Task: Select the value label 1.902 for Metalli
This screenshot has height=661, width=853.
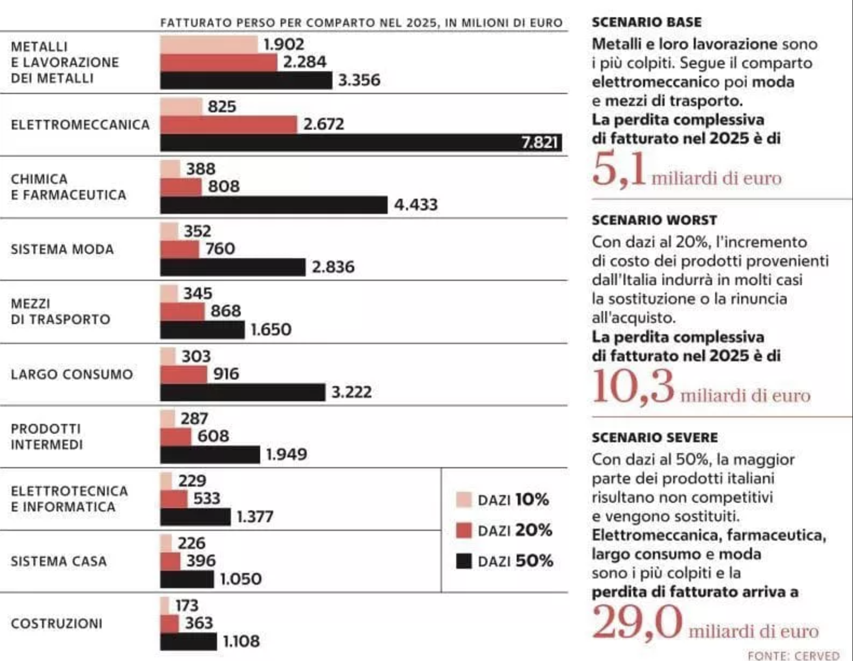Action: (283, 44)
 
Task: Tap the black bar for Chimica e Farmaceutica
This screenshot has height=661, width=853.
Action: (274, 205)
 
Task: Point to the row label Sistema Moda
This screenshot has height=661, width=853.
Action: (62, 249)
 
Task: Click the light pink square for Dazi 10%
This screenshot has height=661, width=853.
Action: (464, 500)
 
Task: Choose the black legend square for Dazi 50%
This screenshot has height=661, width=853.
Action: (464, 561)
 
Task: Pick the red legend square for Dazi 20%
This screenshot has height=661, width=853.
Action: (464, 530)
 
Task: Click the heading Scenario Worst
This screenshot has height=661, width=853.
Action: (654, 220)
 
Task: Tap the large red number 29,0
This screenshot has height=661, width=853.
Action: (637, 622)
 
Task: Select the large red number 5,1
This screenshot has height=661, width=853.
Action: (619, 170)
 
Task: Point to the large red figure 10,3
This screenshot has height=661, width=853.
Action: (633, 387)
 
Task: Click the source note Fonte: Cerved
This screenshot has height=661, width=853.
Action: (794, 655)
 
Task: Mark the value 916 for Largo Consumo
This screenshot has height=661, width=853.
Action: (226, 374)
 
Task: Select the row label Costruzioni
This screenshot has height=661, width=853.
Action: (57, 624)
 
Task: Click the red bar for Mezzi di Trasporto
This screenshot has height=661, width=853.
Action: (182, 312)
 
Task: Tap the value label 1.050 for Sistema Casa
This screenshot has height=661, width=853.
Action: (241, 579)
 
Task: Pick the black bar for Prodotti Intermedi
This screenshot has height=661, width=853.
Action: (210, 455)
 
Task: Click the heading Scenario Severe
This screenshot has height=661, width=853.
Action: (655, 437)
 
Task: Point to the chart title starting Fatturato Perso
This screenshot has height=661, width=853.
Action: (361, 23)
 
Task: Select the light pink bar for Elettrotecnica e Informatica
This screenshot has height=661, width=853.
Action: (166, 481)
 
